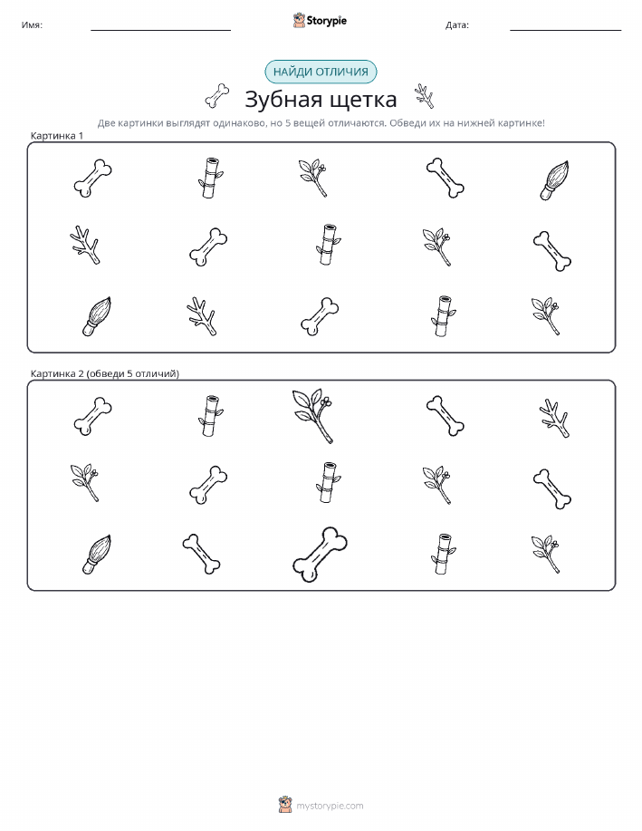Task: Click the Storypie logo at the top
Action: point(320,21)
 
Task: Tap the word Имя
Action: point(32,24)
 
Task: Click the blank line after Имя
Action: point(160,30)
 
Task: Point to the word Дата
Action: point(456,24)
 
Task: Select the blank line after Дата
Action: point(565,30)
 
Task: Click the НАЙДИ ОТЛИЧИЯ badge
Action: point(321,72)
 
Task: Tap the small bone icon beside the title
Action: point(217,96)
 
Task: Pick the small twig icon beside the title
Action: point(425,96)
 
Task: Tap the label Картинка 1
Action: point(57,136)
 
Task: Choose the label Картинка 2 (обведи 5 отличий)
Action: point(105,373)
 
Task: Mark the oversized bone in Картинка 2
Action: point(320,555)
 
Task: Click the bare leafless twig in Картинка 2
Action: point(554,418)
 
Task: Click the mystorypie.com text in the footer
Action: point(330,807)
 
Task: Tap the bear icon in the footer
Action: point(285,805)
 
